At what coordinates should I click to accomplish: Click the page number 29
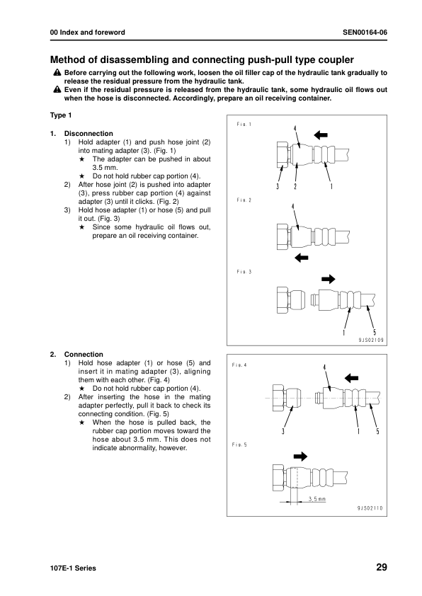point(382,567)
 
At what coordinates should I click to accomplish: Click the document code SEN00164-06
point(365,33)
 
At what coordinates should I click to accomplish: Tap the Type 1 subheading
point(61,115)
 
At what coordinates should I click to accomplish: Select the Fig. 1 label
point(244,125)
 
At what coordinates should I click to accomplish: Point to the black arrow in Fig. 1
point(321,134)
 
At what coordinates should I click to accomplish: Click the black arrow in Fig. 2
point(302,258)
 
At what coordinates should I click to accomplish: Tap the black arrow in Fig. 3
point(329,279)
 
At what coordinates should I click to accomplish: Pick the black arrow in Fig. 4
point(351,378)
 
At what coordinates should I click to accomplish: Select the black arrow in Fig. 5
point(300,456)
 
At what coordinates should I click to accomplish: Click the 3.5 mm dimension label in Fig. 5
point(317,499)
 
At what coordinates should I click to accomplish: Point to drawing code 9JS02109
point(371,340)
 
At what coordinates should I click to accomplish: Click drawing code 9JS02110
point(370,508)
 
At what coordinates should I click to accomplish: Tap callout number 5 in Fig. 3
point(375,333)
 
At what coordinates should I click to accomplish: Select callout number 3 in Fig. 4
point(283,431)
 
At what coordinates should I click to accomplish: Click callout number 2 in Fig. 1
point(295,186)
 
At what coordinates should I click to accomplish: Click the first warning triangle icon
point(57,72)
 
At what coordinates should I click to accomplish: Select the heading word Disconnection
point(89,133)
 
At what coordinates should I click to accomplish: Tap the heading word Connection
point(84,354)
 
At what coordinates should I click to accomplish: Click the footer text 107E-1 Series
point(73,568)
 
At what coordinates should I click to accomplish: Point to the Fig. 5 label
point(239,445)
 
